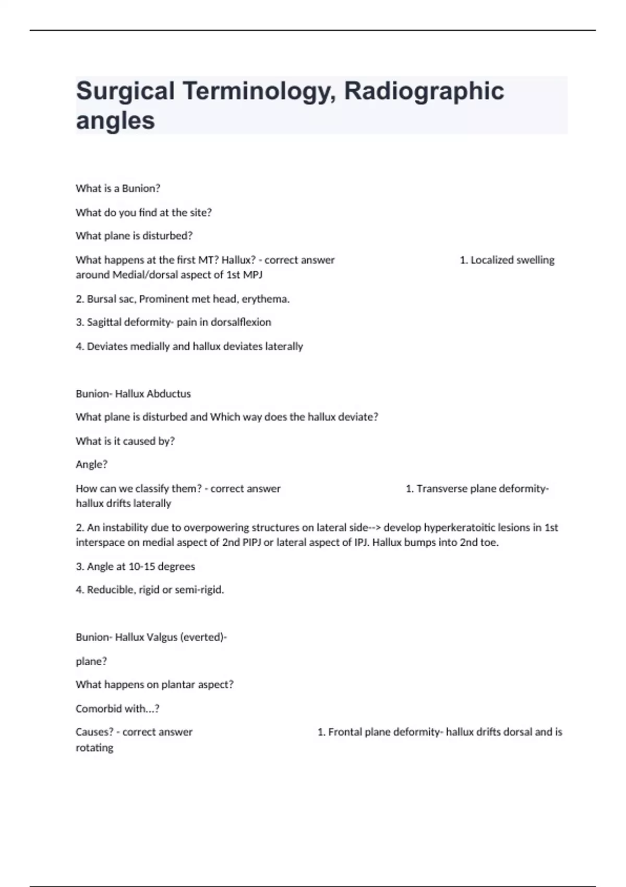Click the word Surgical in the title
125,91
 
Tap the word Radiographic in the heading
424,91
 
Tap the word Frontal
345,732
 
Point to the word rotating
94,748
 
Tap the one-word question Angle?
91,464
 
